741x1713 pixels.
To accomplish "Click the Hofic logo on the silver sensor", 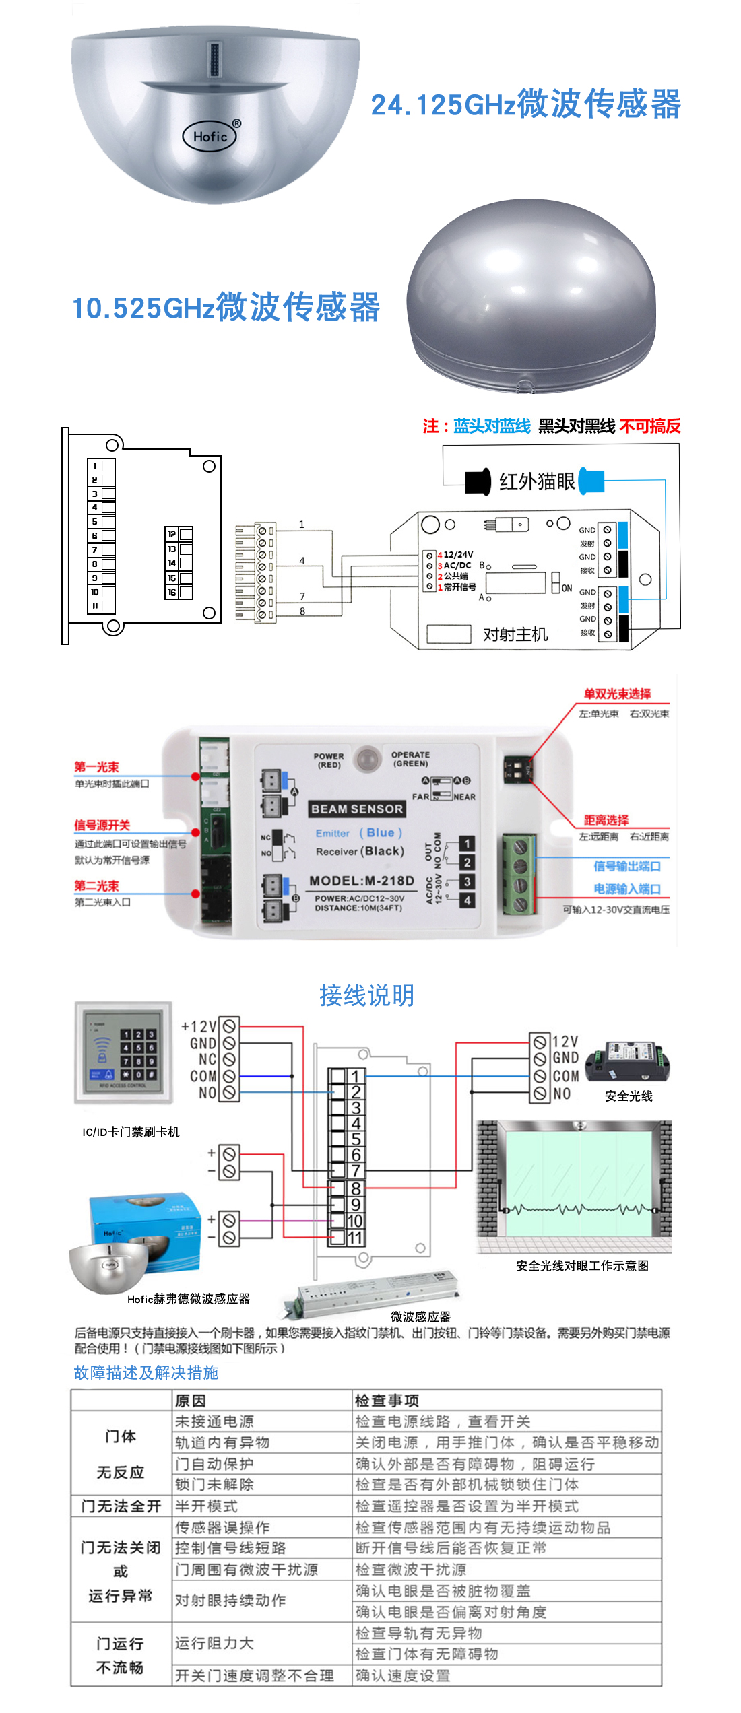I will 211,136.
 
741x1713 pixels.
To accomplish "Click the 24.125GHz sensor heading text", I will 525,104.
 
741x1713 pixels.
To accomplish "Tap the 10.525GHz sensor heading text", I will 226,308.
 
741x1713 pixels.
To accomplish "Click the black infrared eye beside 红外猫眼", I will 478,482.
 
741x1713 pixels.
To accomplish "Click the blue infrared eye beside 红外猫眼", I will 591,481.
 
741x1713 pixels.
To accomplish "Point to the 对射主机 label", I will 515,634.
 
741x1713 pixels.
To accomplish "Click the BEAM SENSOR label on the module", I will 357,809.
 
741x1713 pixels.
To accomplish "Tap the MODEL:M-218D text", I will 362,881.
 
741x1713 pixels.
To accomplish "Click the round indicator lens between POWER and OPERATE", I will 367,759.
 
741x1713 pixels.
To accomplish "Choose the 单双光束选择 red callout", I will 617,694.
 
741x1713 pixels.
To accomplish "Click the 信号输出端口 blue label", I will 626,866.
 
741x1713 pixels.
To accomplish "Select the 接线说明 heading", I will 367,995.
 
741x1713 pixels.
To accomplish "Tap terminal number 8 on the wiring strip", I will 355,1189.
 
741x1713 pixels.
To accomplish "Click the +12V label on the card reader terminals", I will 199,1026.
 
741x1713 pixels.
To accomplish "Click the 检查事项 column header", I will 387,1401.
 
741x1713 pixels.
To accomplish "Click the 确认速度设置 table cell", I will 402,1675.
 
